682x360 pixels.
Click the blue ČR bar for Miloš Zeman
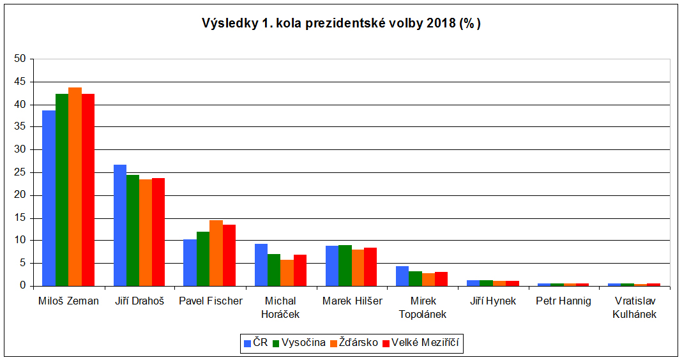point(49,198)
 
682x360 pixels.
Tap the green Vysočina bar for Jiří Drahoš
point(133,230)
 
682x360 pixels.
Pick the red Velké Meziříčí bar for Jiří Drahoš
point(158,232)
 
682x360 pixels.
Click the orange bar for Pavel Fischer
point(216,253)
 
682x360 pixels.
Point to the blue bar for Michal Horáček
point(261,265)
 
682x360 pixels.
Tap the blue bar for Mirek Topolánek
point(402,276)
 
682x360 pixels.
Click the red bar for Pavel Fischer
point(229,255)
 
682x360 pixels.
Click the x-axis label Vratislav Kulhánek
point(634,307)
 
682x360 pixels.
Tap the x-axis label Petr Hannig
point(564,301)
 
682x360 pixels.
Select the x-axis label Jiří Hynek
point(492,301)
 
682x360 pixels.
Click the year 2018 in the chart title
point(439,24)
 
